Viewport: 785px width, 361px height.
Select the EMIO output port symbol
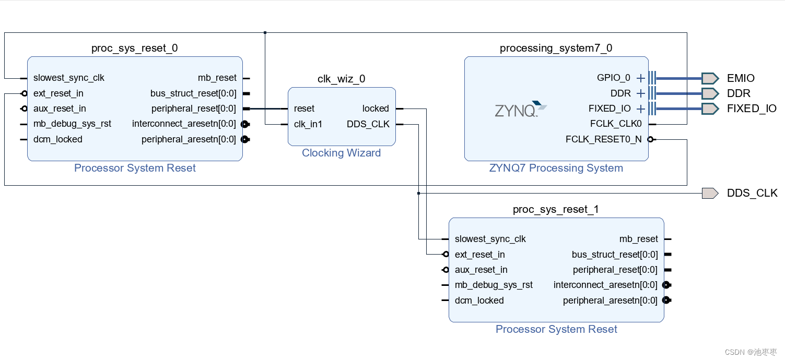coord(710,78)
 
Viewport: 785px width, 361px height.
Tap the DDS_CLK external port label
coord(752,193)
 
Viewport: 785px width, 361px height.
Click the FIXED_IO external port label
coord(751,109)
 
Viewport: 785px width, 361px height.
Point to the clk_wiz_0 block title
coord(341,79)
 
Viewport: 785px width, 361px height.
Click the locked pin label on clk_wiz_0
coord(376,109)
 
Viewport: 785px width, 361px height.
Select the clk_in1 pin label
coord(308,124)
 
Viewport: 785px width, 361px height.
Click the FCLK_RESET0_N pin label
coord(603,139)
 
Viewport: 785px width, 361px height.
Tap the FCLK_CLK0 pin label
coord(615,124)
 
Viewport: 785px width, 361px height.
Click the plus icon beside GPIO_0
coord(641,78)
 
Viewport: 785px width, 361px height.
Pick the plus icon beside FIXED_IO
coord(641,109)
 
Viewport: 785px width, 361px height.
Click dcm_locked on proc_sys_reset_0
coord(57,139)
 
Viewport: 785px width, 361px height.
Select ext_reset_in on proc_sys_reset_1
coord(479,255)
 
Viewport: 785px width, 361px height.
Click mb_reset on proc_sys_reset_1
coord(638,239)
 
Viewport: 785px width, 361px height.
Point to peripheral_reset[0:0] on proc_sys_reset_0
coord(193,109)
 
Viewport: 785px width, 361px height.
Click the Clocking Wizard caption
coord(341,153)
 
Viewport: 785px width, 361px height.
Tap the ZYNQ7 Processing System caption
coord(556,168)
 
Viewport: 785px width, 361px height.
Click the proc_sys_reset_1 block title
coord(556,209)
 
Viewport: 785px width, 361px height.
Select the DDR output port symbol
coord(710,93)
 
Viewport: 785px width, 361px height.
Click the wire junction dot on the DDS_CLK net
coord(419,193)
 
